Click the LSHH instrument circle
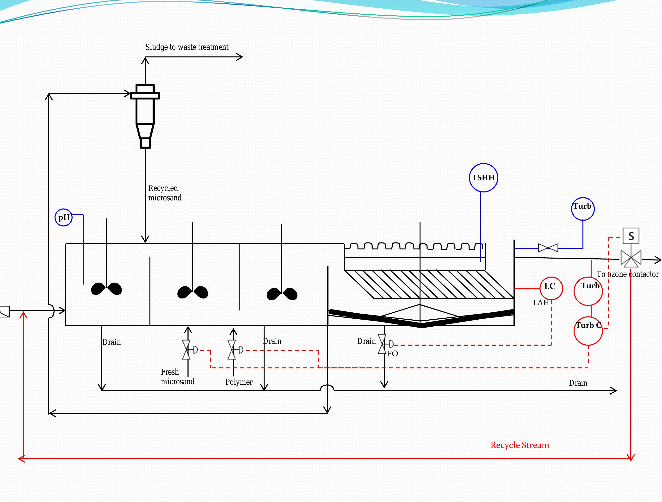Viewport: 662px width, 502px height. (483, 178)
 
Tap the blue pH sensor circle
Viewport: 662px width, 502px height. (63, 217)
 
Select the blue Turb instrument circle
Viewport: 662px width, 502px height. (582, 209)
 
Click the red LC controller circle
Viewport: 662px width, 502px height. (551, 288)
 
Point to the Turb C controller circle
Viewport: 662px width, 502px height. (588, 331)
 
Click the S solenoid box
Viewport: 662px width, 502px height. (631, 236)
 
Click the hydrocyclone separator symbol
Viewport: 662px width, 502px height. (145, 115)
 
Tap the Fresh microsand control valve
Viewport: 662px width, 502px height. (187, 350)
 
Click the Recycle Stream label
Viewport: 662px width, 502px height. (520, 445)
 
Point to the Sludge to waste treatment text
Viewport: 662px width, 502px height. (187, 47)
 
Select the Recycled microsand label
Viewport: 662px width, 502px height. (165, 193)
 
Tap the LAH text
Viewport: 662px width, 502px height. (541, 303)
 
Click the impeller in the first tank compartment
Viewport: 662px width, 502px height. (106, 289)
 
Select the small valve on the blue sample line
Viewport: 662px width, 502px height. (548, 248)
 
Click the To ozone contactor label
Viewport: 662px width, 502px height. (627, 274)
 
